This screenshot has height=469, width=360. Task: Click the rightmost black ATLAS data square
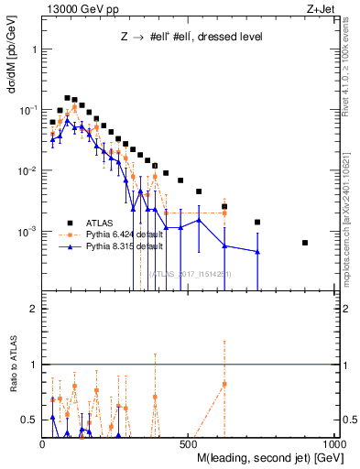(305, 243)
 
